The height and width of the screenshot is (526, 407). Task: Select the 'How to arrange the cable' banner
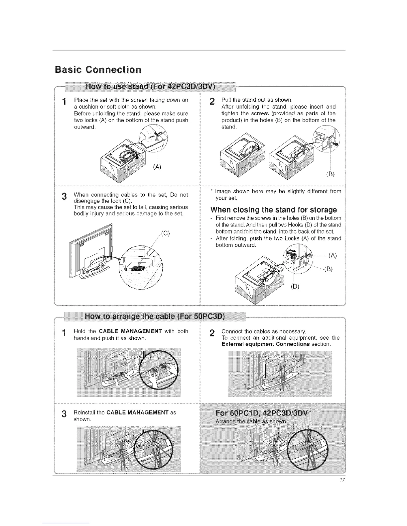(x=155, y=316)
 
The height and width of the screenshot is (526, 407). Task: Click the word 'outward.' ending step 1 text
(x=84, y=127)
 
